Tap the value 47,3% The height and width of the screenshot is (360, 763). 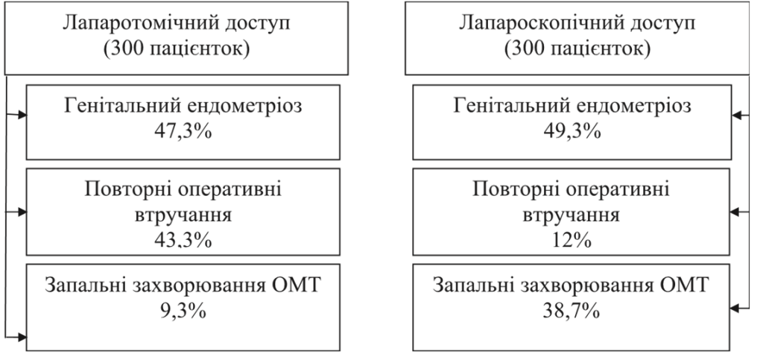click(183, 131)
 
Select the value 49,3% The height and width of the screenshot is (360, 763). click(572, 131)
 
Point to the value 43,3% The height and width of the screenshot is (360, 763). click(183, 239)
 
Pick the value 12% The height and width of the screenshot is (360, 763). click(572, 239)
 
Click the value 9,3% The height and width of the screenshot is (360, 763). click(183, 310)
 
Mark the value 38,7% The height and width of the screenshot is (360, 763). click(572, 310)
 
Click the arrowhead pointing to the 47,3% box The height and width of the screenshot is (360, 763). click(21, 116)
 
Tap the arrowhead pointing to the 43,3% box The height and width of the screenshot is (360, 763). click(21, 212)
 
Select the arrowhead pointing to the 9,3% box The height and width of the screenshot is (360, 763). click(21, 336)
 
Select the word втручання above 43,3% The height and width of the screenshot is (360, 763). click(183, 215)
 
